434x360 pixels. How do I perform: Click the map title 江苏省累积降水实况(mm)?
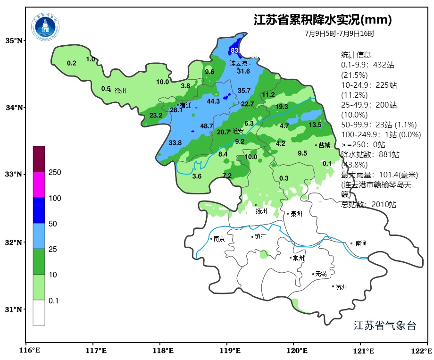(323, 20)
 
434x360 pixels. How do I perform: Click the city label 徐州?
(120, 91)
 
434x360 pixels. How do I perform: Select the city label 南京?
(219, 239)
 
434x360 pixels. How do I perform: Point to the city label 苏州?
(342, 287)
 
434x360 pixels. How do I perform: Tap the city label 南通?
(361, 244)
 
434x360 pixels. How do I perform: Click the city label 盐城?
(324, 145)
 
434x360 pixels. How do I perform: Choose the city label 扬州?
(261, 211)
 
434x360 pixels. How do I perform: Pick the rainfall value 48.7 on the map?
(207, 126)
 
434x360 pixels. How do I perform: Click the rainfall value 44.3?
(213, 101)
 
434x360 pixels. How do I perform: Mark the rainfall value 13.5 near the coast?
(315, 125)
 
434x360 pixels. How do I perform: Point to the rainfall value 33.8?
(175, 143)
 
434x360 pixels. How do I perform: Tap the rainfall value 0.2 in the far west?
(72, 63)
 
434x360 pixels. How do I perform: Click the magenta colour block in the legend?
(39, 184)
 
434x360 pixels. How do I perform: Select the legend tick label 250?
(55, 173)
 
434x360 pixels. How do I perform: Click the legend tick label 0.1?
(54, 301)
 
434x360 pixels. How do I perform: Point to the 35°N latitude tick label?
(13, 41)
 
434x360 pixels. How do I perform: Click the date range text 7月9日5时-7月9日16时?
(339, 34)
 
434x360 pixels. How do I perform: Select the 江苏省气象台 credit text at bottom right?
(384, 326)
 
